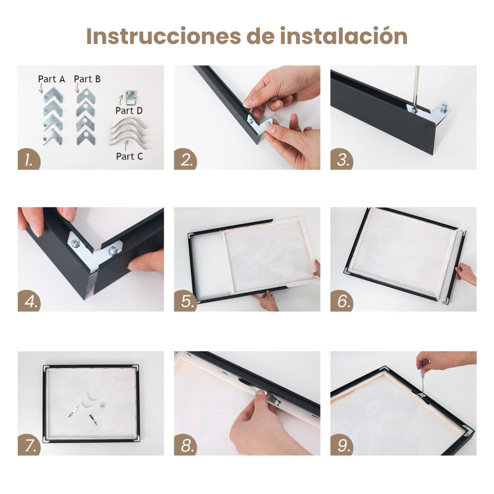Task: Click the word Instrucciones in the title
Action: (x=164, y=36)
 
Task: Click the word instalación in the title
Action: (x=344, y=36)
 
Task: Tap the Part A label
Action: (x=51, y=79)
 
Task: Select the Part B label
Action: (x=87, y=79)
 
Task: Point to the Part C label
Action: (x=129, y=156)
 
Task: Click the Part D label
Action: (x=129, y=111)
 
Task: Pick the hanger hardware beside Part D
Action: (x=131, y=97)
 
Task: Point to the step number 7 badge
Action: (x=29, y=445)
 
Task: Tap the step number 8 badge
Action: (x=185, y=445)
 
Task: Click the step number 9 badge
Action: (x=341, y=445)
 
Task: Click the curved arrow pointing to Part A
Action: (x=41, y=88)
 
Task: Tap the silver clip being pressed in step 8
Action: (x=270, y=397)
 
